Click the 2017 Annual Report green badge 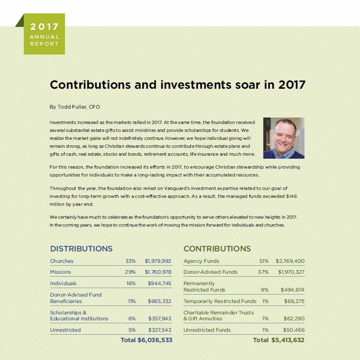click(44, 34)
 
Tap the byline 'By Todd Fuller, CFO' click(75, 107)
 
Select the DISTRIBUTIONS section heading click(81, 248)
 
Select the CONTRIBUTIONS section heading click(217, 248)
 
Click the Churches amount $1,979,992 click(158, 261)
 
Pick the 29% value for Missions click(130, 272)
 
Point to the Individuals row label click(63, 283)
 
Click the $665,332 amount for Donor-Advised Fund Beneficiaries click(159, 301)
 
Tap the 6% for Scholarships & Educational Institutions click(132, 318)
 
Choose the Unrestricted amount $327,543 click(159, 330)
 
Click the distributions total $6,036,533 click(154, 340)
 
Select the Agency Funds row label click(201, 261)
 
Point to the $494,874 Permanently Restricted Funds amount click(292, 289)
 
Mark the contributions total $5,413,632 click(288, 340)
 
